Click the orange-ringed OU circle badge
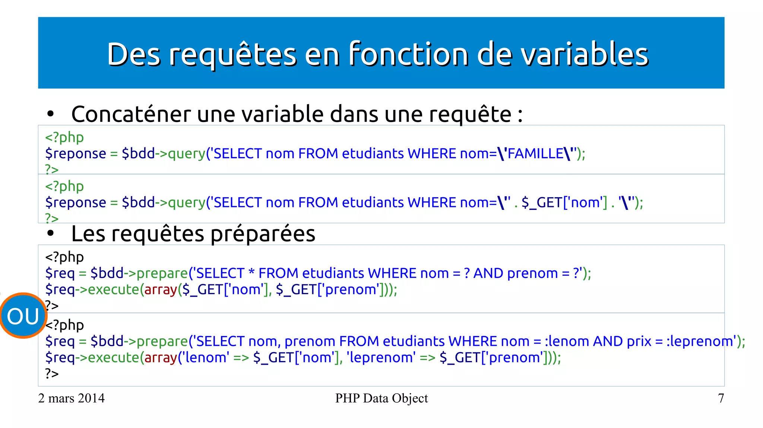click(x=23, y=316)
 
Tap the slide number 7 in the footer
click(x=721, y=398)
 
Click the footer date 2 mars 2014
click(x=71, y=398)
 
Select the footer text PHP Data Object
click(x=381, y=398)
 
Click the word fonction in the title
click(x=408, y=54)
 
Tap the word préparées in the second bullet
click(x=263, y=234)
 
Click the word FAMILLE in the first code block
click(x=535, y=154)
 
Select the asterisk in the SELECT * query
click(x=251, y=272)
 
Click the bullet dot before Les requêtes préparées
click(x=51, y=234)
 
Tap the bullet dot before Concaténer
click(x=51, y=114)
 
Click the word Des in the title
click(x=134, y=54)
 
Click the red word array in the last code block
click(x=161, y=358)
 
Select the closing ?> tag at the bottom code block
click(x=52, y=373)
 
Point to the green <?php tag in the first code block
click(x=64, y=137)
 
